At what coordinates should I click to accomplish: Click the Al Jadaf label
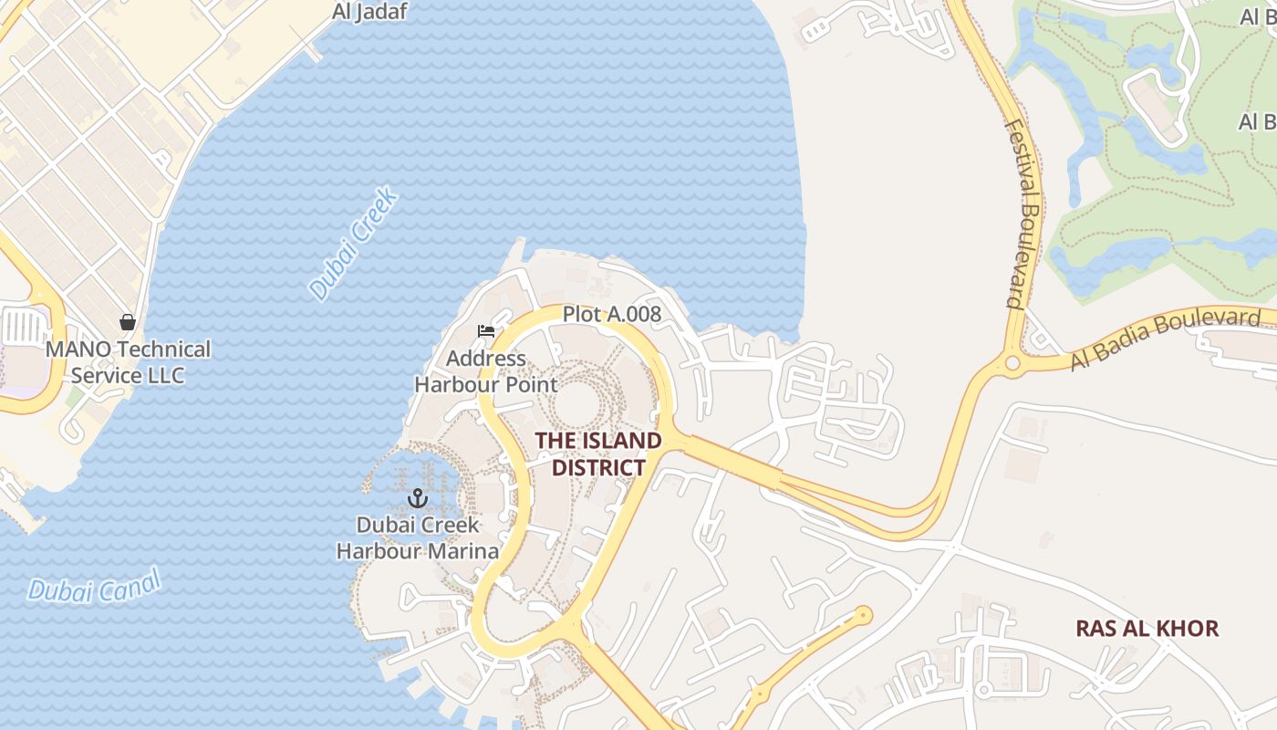(x=369, y=12)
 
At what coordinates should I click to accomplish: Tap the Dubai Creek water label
(x=354, y=244)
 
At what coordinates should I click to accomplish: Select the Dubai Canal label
(x=94, y=585)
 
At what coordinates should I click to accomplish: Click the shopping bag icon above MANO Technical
(x=128, y=322)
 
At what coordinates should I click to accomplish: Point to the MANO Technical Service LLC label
(x=128, y=362)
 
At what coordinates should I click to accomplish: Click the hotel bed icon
(x=485, y=330)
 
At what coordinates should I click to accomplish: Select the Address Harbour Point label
(x=485, y=371)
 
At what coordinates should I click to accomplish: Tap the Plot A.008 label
(x=611, y=315)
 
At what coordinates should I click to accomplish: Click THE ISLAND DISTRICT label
(x=598, y=454)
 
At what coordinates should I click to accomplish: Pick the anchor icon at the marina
(x=418, y=498)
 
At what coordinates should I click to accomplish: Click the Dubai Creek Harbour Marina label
(x=418, y=538)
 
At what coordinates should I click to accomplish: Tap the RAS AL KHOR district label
(x=1147, y=629)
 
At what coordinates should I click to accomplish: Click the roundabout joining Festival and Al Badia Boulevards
(x=1012, y=363)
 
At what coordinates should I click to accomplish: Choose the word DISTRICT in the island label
(x=598, y=468)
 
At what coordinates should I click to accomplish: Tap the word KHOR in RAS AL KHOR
(x=1186, y=629)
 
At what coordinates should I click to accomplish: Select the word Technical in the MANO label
(x=165, y=349)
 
